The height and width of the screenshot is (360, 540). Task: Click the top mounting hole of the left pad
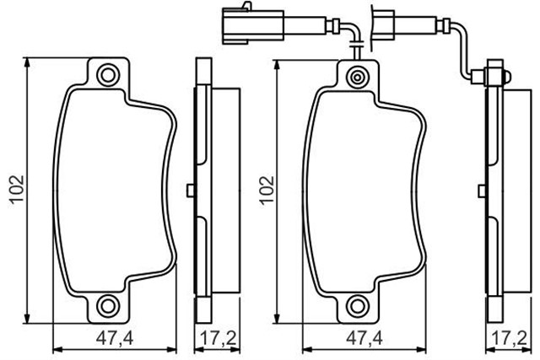point(107,76)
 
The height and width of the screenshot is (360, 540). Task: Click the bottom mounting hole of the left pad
point(107,304)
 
